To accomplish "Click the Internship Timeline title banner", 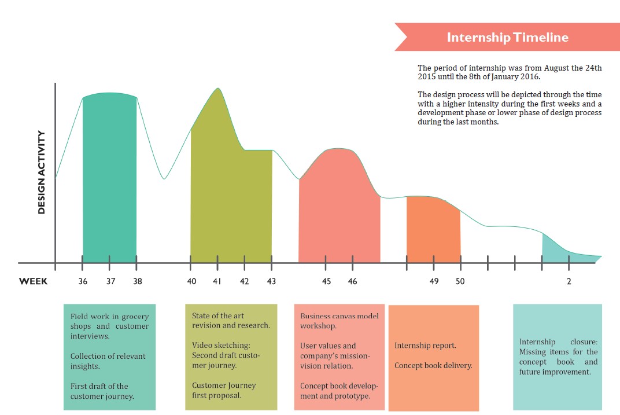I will click(x=507, y=38).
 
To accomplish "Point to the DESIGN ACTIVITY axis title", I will click(x=42, y=172).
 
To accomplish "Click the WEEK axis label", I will click(x=34, y=282).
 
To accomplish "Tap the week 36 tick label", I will click(x=83, y=282).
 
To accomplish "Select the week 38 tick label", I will click(x=136, y=282).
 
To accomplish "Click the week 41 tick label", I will click(x=217, y=282).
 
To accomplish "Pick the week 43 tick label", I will click(x=271, y=282).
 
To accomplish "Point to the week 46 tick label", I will click(x=352, y=282).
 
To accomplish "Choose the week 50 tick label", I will click(x=460, y=282).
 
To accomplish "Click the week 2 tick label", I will click(x=569, y=282).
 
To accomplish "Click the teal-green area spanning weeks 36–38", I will click(x=110, y=179).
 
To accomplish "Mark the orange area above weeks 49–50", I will click(x=433, y=232).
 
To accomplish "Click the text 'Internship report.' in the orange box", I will click(x=425, y=346).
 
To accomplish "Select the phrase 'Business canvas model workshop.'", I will click(x=338, y=321).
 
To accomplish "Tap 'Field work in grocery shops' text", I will click(x=109, y=321).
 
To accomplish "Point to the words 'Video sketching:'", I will click(x=221, y=346).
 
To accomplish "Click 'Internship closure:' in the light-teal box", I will click(x=558, y=342).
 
